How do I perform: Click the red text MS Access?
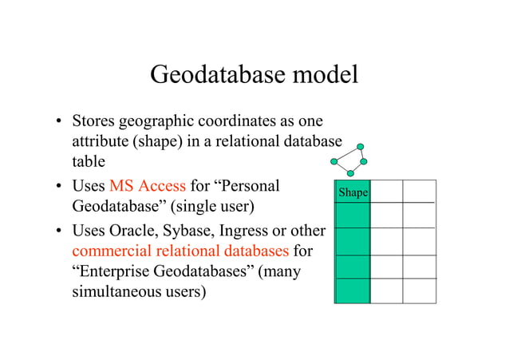pos(147,187)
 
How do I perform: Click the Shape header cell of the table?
pos(353,192)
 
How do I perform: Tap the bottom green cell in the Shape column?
pos(353,291)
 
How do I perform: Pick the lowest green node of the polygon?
pos(352,173)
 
